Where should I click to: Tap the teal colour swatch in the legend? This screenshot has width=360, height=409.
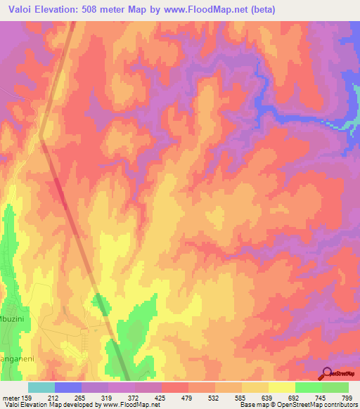click(x=41, y=387)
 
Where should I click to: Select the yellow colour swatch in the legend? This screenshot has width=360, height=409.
click(x=281, y=387)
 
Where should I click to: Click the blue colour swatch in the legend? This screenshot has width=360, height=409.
click(x=68, y=387)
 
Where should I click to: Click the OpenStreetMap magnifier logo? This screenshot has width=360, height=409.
click(x=326, y=375)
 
